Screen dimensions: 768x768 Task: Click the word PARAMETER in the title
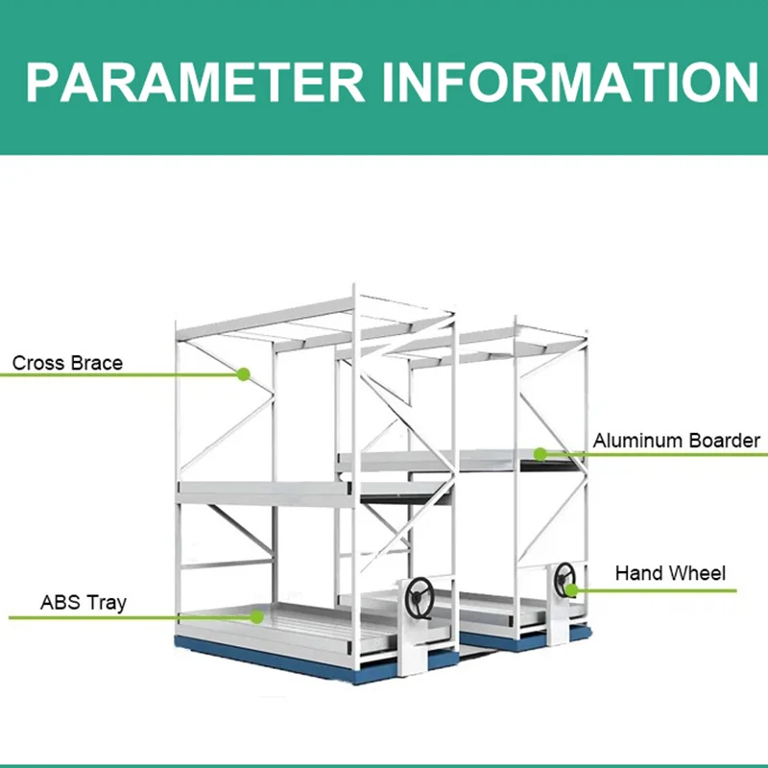(x=196, y=83)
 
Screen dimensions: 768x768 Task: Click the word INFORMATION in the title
(x=567, y=83)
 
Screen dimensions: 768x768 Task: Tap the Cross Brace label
(x=67, y=364)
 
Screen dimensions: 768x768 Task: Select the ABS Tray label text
(x=84, y=603)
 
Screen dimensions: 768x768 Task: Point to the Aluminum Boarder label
(x=676, y=441)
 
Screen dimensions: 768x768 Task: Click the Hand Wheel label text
(x=670, y=573)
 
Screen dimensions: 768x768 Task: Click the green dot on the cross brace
(x=244, y=373)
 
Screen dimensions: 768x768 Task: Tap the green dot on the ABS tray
(x=256, y=615)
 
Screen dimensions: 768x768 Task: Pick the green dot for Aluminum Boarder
(x=540, y=453)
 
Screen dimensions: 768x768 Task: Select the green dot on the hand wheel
(x=571, y=589)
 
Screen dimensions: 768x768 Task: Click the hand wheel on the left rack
(x=419, y=599)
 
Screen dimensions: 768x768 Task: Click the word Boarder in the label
(x=723, y=441)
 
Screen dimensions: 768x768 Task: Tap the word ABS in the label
(x=59, y=603)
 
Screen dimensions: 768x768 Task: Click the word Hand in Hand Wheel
(x=637, y=573)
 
